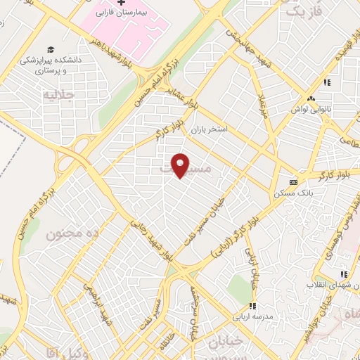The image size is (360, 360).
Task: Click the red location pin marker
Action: pyautogui.click(x=181, y=165)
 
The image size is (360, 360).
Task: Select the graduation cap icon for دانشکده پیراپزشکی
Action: pyautogui.click(x=51, y=49)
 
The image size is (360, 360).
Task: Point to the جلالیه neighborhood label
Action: pyautogui.click(x=58, y=94)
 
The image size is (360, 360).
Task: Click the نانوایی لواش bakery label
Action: pyautogui.click(x=310, y=110)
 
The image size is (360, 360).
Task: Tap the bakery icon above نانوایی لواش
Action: pyautogui.click(x=310, y=98)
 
